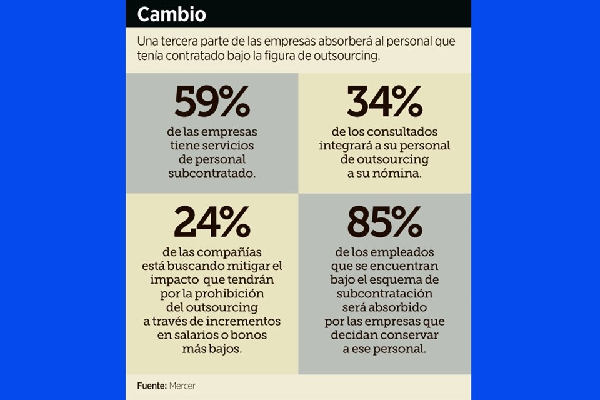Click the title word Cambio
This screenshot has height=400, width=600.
(x=171, y=14)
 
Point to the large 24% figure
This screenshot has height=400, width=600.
(x=212, y=222)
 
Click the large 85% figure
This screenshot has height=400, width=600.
(x=384, y=222)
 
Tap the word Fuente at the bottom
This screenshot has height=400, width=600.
(x=151, y=386)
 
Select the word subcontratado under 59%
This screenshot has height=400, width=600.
(x=212, y=173)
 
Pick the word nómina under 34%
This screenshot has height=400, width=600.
(x=401, y=173)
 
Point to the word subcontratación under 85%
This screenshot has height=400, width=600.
(x=384, y=294)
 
